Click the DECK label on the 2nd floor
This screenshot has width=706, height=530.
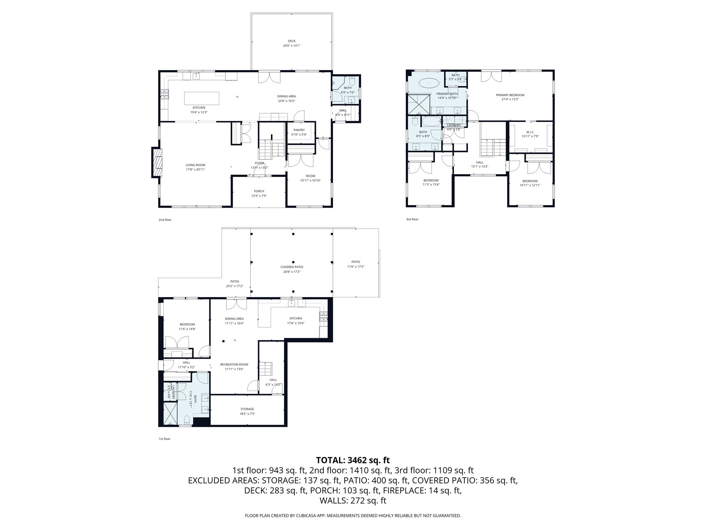coord(292,41)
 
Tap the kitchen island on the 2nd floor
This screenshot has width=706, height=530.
coord(202,98)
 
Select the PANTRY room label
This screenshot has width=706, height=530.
coord(299,130)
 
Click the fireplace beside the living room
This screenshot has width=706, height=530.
coord(157,162)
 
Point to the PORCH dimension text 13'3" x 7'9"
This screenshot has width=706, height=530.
coord(259,196)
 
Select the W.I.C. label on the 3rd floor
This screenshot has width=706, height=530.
coord(530,132)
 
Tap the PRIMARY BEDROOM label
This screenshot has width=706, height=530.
coord(510,95)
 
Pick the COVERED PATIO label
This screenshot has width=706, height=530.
coord(292,267)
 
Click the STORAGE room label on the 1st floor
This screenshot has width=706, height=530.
coord(247,409)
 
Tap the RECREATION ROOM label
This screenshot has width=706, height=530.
coord(234,365)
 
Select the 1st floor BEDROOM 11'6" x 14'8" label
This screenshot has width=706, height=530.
coord(187,324)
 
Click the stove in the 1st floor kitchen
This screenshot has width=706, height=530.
coord(323,316)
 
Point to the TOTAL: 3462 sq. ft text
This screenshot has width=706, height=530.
coord(353,460)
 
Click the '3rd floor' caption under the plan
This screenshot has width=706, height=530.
coord(412,219)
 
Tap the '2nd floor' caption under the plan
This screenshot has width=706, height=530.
coord(165,220)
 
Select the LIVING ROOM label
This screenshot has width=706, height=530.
coord(195,165)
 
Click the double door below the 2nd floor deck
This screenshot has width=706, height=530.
coord(269,77)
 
